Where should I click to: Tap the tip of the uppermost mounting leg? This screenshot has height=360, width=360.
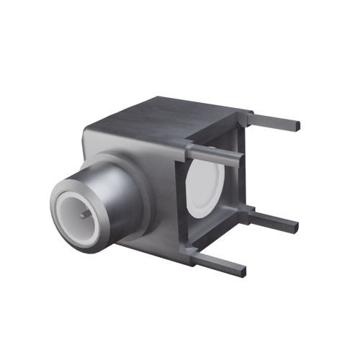point(297,127)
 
